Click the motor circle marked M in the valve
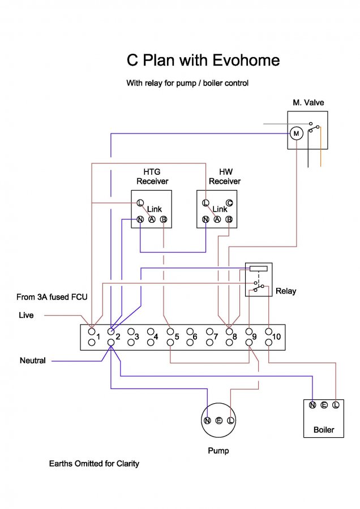click(x=296, y=133)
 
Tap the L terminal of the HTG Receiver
click(x=140, y=202)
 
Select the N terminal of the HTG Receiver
click(x=140, y=219)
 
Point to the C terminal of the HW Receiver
click(x=229, y=202)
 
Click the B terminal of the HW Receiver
click(x=229, y=219)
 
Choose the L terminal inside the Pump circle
click(x=230, y=421)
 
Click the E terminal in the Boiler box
click(x=324, y=405)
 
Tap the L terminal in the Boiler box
click(x=336, y=405)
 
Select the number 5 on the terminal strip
click(x=177, y=337)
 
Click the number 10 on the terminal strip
click(x=276, y=337)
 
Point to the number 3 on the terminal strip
click(x=136, y=337)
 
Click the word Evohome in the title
click(x=246, y=61)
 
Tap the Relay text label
click(x=285, y=291)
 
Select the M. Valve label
click(x=308, y=103)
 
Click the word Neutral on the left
click(x=32, y=360)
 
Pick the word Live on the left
click(x=26, y=315)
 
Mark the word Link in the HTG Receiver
click(x=155, y=209)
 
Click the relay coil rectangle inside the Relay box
click(x=258, y=269)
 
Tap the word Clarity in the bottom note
click(x=126, y=464)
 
